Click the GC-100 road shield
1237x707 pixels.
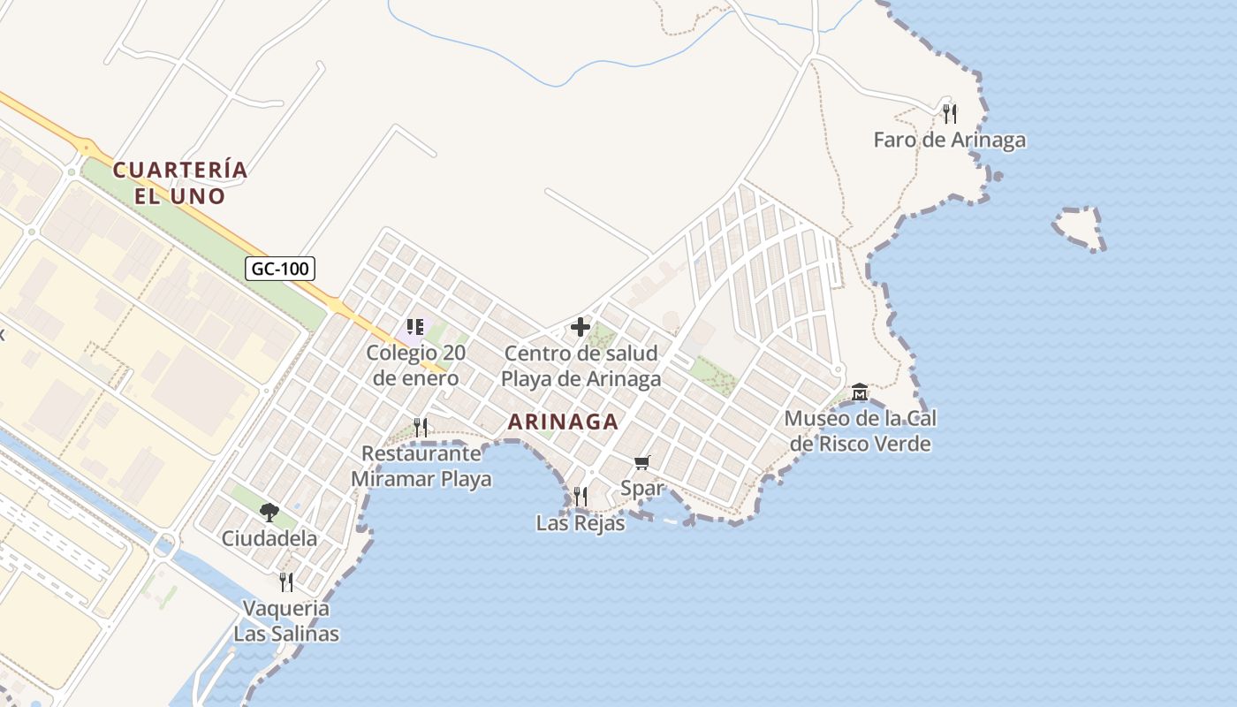[x=280, y=269]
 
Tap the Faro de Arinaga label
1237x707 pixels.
[x=949, y=140]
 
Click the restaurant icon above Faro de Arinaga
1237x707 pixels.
[x=949, y=113]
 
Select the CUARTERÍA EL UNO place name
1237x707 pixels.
[x=180, y=182]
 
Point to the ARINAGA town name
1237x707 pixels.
[x=563, y=422]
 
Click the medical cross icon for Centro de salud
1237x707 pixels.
[x=581, y=327]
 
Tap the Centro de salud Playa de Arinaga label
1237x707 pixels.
[x=581, y=366]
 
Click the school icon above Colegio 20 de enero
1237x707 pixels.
[x=415, y=327]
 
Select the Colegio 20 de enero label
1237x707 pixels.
[x=415, y=366]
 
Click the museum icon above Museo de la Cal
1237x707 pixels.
[x=860, y=392]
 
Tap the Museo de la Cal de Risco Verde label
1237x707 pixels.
[x=860, y=430]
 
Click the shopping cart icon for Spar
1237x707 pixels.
[x=642, y=462]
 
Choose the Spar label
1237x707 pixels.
[x=642, y=487]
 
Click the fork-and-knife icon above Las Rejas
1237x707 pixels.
[x=581, y=497]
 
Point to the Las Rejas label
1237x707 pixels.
[x=581, y=523]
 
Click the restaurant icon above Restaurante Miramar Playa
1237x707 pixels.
[x=421, y=428]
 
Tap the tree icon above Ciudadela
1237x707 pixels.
[x=269, y=512]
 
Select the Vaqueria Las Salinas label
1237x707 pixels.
[x=286, y=620]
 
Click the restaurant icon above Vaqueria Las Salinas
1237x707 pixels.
[x=286, y=582]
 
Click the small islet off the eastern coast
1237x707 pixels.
[x=1080, y=228]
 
